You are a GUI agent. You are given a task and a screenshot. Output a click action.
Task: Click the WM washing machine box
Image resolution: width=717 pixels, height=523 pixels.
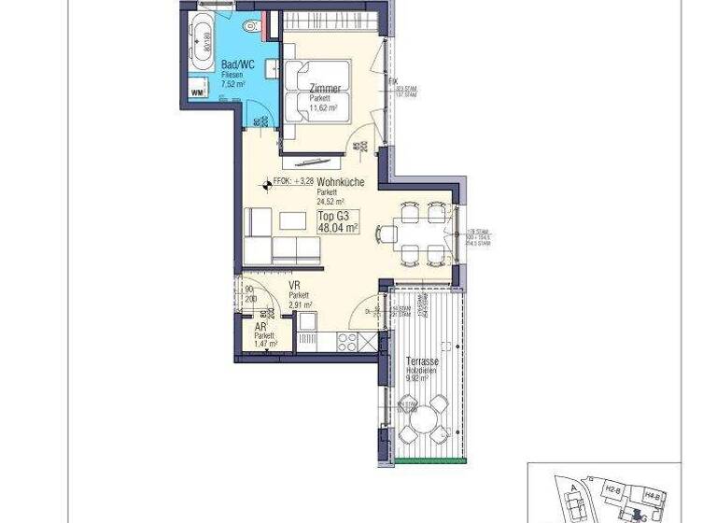point(197,92)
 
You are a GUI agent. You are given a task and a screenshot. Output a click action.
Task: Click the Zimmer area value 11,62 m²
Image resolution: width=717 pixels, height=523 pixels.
point(323,107)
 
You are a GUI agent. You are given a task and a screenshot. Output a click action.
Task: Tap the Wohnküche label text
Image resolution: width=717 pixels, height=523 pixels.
point(340,183)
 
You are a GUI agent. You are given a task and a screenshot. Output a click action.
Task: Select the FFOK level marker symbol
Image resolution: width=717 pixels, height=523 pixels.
point(268,184)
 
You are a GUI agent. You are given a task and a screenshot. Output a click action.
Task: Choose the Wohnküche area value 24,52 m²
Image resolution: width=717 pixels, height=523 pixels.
point(330,201)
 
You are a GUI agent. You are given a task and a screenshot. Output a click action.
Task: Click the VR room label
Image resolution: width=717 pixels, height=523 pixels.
point(293,286)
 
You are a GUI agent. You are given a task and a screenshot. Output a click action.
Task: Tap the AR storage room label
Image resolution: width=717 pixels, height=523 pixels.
point(260,328)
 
